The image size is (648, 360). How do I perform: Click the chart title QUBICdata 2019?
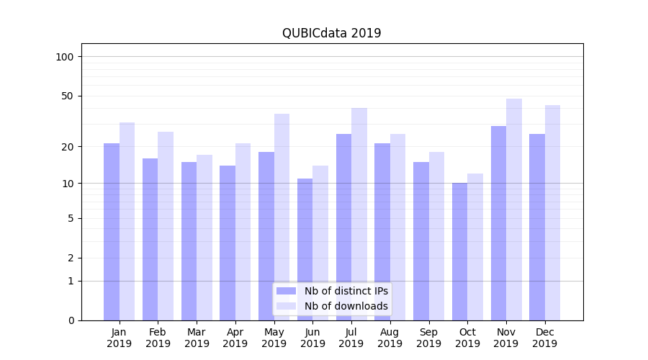[331, 33]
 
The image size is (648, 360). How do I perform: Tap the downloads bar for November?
[514, 210]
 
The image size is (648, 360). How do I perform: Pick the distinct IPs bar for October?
[460, 252]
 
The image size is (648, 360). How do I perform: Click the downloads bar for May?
[282, 217]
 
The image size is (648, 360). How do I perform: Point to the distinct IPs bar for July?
[343, 227]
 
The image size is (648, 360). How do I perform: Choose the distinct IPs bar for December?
[537, 227]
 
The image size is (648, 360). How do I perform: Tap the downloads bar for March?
[204, 238]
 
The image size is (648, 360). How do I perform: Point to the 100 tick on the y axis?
[65, 57]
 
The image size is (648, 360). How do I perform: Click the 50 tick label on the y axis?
[68, 96]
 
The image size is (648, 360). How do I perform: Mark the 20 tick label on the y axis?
[68, 147]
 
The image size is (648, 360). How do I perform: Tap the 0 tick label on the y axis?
[71, 320]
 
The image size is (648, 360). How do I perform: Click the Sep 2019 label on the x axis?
[428, 338]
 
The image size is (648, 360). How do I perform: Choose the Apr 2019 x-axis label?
[235, 338]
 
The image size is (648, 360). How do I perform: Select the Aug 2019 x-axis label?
[390, 338]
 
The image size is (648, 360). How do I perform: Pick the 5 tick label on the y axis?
[71, 218]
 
